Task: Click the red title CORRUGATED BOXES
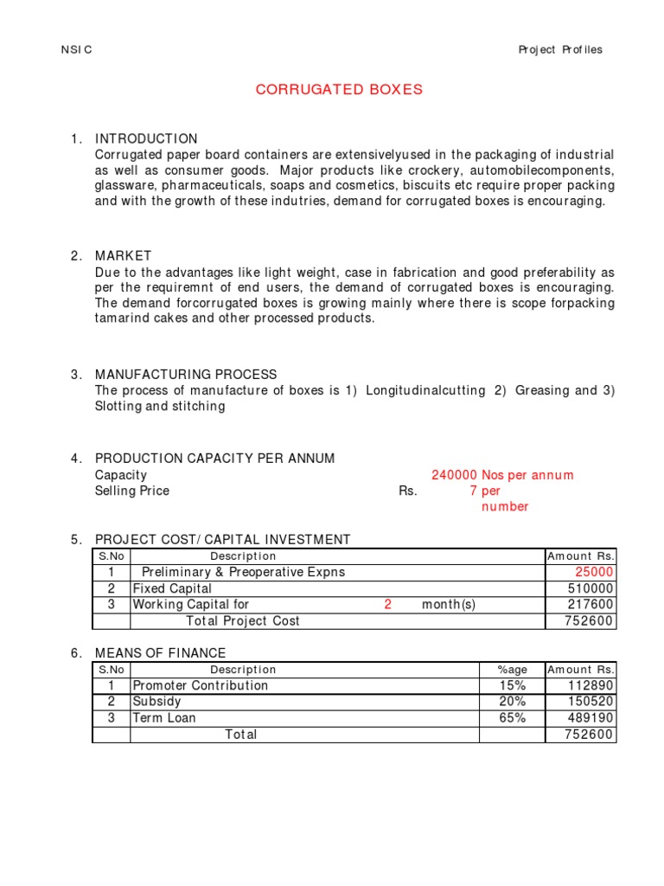[339, 90]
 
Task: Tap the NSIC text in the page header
[76, 49]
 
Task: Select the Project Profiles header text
[560, 49]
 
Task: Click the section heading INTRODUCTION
[146, 138]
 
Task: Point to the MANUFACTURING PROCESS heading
[186, 375]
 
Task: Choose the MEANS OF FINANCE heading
[160, 653]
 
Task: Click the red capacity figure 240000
[455, 475]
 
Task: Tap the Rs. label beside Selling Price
[407, 491]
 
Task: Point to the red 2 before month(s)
[388, 605]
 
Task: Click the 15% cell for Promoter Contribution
[512, 685]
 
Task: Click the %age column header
[512, 670]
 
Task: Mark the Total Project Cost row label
[243, 621]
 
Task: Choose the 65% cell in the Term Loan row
[512, 718]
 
